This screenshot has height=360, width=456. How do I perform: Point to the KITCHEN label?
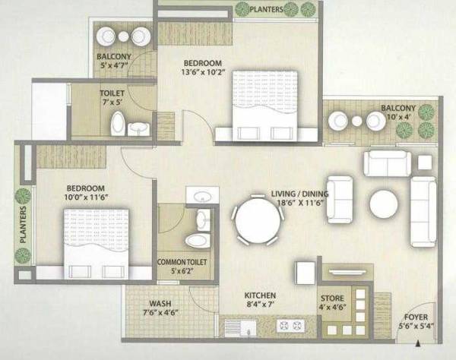click(259, 295)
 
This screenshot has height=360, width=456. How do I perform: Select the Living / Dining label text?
click(300, 194)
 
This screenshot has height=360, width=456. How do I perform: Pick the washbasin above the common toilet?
click(202, 197)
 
